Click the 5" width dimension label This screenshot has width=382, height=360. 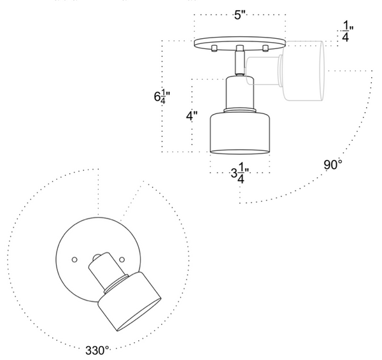coord(240,15)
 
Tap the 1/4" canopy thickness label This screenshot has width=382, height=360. coord(348,31)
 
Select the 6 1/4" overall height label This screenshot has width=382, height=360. coord(162,97)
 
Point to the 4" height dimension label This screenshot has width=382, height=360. coord(192,116)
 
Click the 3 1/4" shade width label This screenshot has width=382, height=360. coord(240,173)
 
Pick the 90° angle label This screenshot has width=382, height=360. coord(333,165)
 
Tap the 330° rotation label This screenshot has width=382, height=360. coord(97,350)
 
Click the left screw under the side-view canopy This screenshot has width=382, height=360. coord(215,48)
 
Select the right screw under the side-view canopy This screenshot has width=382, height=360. coord(265,48)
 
